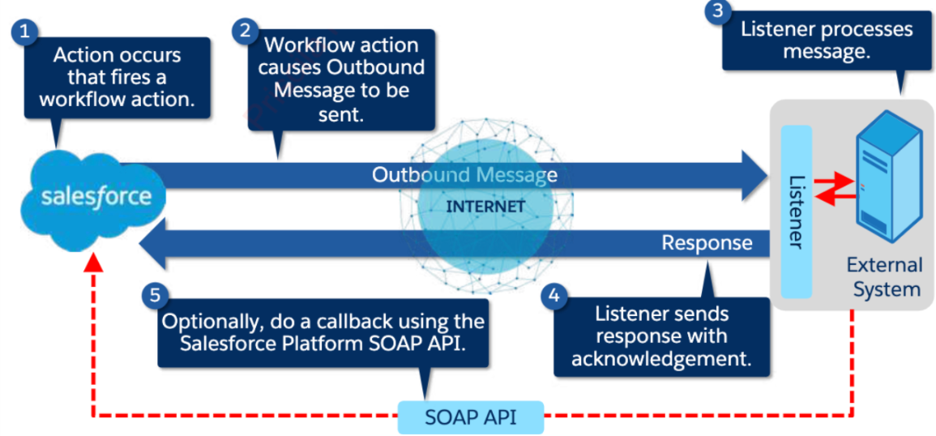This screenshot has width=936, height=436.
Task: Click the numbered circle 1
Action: click(26, 32)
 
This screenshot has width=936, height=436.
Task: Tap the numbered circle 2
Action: click(244, 31)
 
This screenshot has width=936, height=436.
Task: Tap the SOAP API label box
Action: click(471, 418)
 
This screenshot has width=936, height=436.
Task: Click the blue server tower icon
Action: click(889, 177)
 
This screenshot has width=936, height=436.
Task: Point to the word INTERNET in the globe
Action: click(485, 207)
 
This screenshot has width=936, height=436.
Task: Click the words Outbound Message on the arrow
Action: click(464, 175)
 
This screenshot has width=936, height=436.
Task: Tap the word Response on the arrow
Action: click(707, 242)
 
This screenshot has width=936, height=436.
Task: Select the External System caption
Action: click(884, 277)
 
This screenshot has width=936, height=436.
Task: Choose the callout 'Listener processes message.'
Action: click(826, 41)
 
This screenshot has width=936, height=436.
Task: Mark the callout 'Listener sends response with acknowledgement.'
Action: click(661, 336)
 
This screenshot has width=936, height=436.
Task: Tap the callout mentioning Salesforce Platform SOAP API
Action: click(323, 332)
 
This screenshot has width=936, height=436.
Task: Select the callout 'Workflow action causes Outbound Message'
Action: click(341, 79)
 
